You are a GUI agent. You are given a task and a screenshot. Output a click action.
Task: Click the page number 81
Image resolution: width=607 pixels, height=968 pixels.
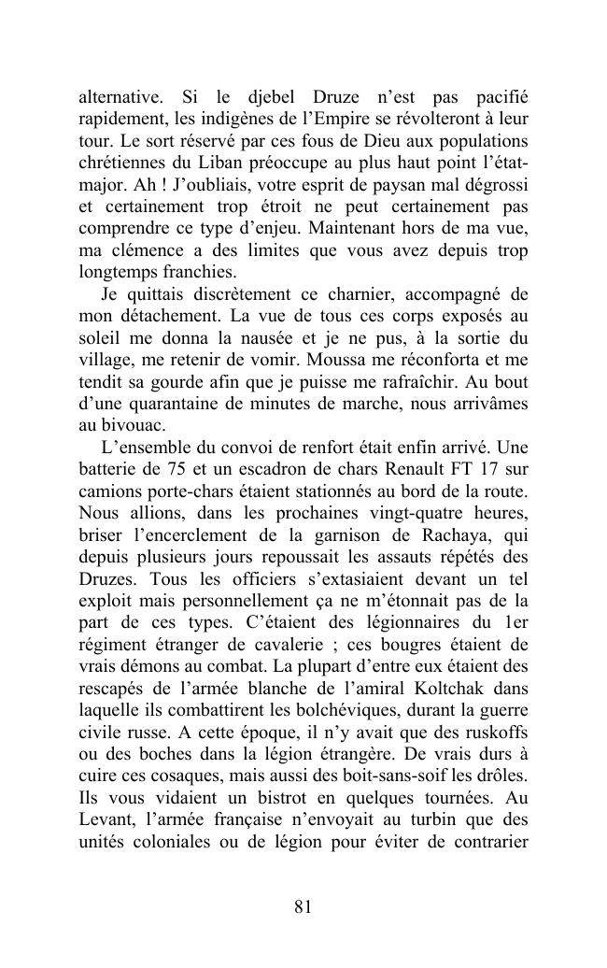pos(303,906)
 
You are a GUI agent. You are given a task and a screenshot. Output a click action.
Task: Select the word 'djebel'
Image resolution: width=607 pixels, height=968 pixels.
pos(269,97)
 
